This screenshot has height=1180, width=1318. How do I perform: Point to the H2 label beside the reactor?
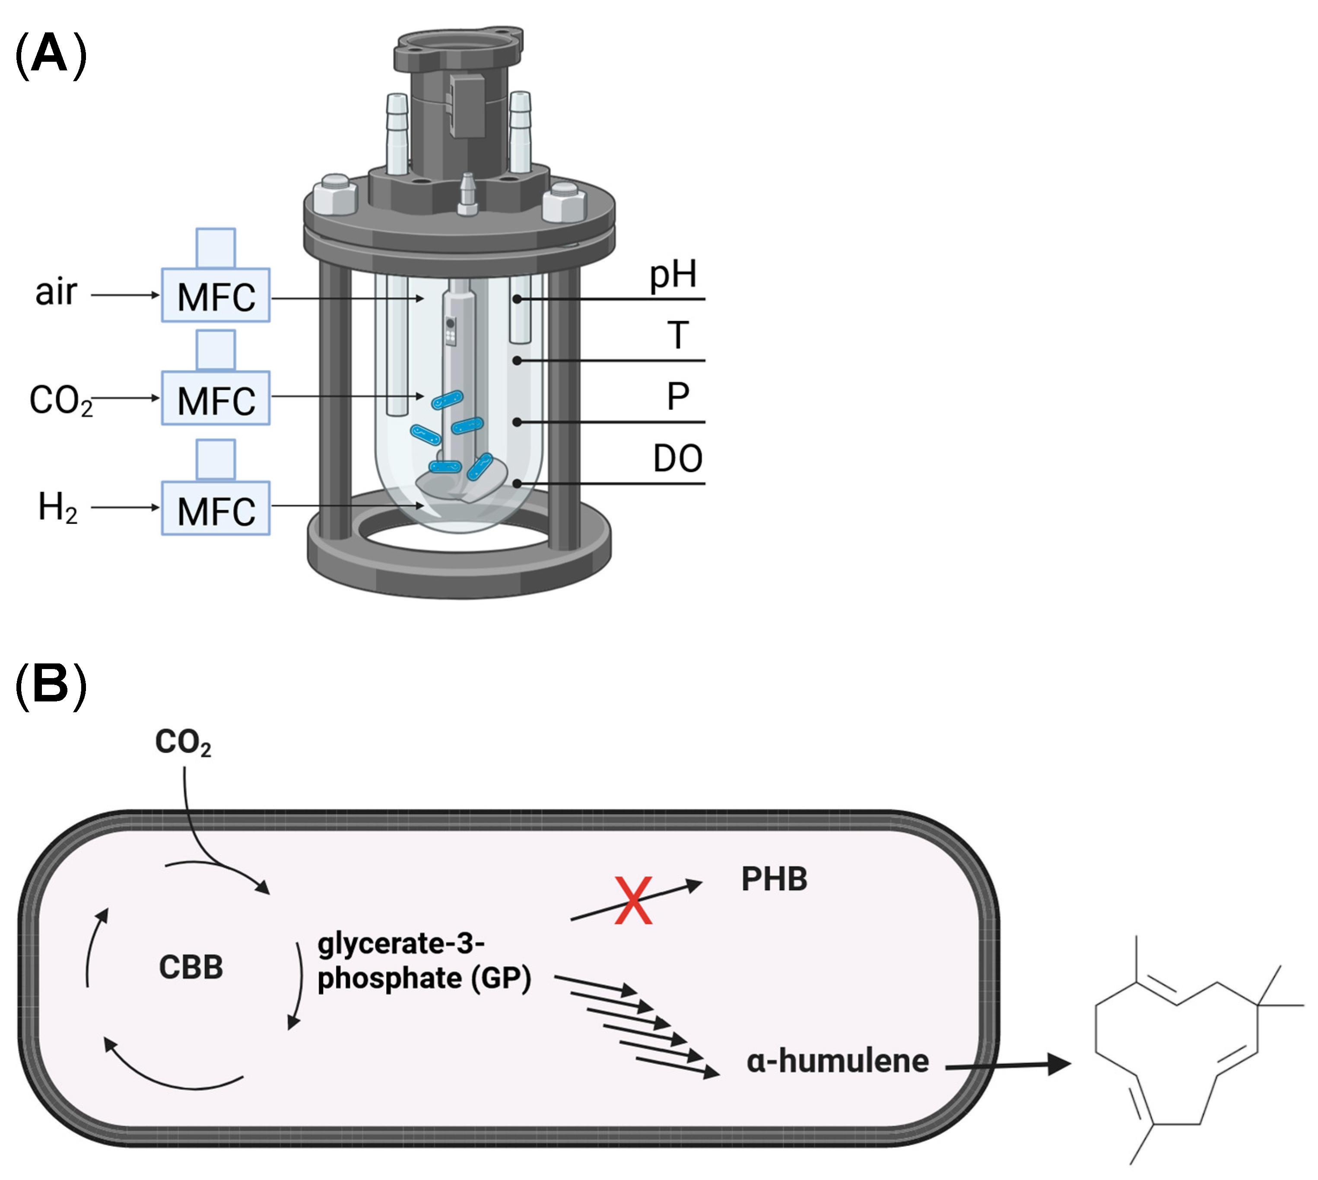point(58,507)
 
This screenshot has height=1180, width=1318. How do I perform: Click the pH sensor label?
point(673,275)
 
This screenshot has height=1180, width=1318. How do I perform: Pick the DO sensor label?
point(677,459)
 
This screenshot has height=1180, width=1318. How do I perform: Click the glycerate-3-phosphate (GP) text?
point(423,961)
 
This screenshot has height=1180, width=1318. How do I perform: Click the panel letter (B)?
point(50,685)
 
